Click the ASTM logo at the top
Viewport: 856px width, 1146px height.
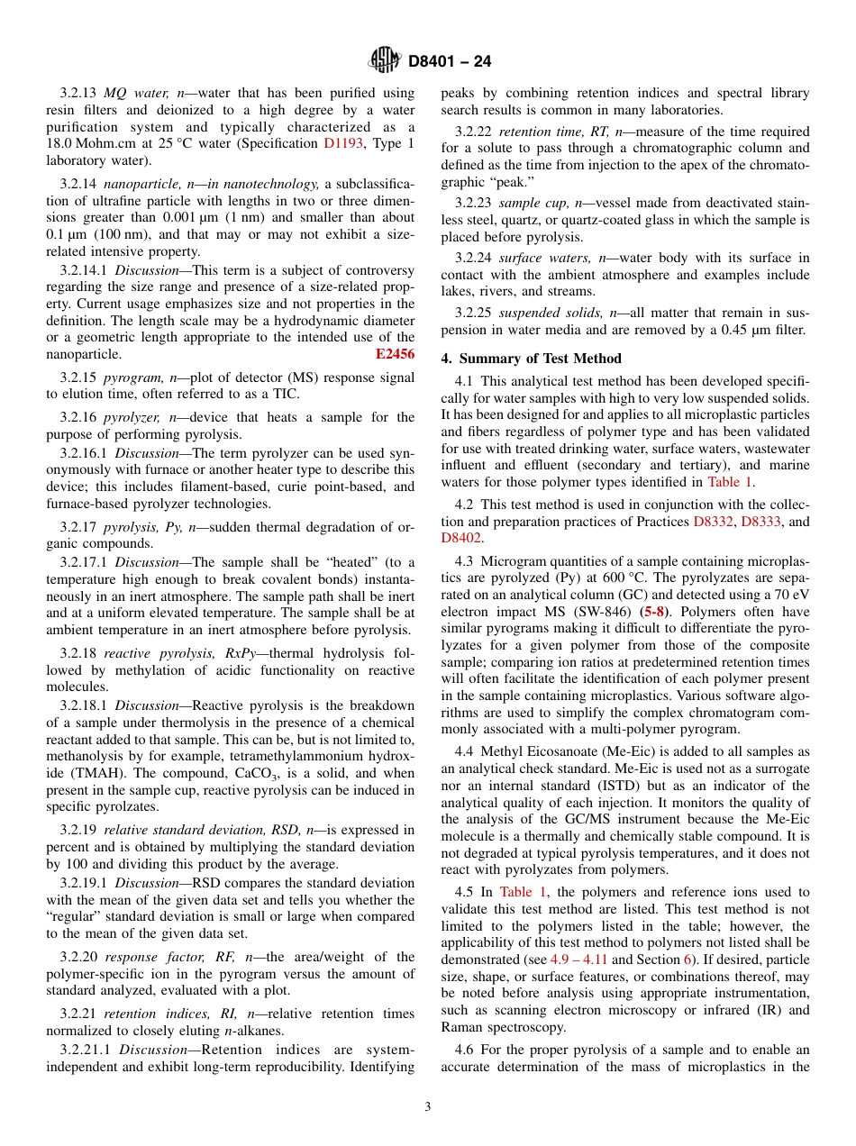point(385,61)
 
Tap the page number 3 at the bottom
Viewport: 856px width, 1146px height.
point(428,1107)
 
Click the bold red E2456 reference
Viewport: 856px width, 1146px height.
point(395,354)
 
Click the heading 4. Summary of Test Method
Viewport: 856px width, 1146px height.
point(531,358)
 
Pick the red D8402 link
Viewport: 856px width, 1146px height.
point(460,538)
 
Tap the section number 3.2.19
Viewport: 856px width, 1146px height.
point(79,830)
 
